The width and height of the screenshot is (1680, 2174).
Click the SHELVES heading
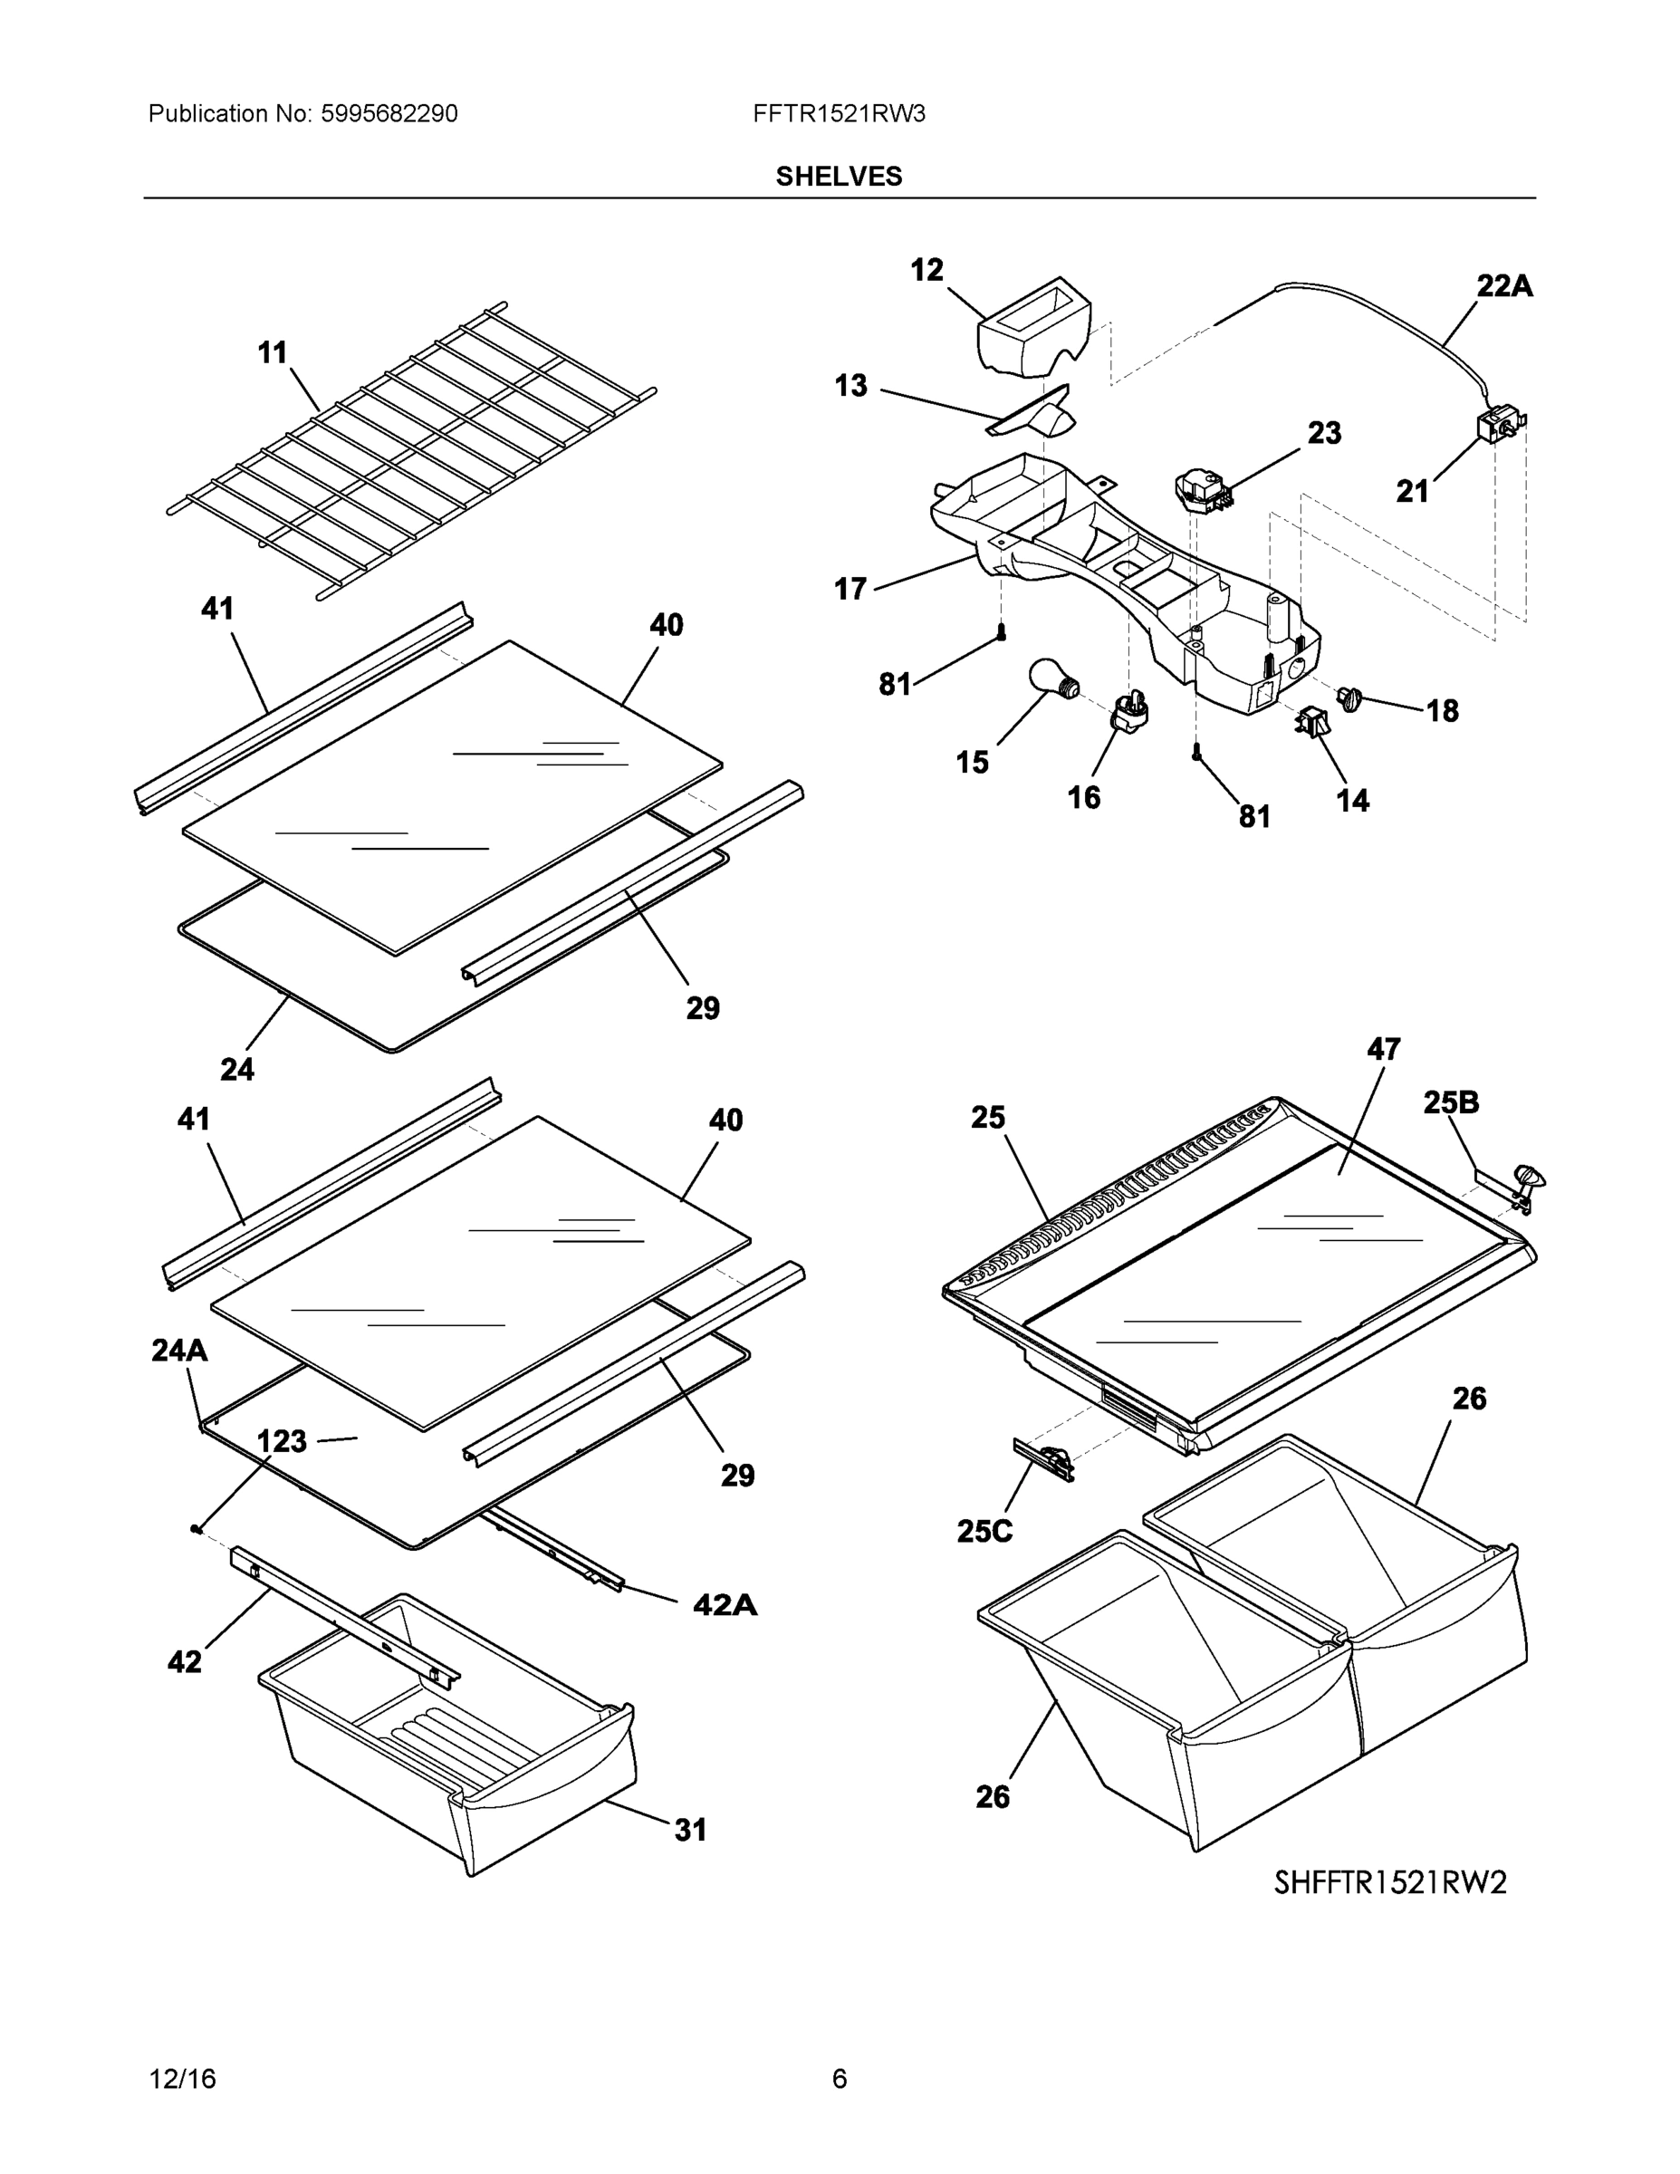[839, 177]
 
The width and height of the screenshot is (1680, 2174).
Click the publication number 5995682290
[389, 114]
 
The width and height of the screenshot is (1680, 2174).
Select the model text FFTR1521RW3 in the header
[839, 114]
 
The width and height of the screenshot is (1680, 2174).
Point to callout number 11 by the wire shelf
[273, 352]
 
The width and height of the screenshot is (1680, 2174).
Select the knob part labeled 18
[1351, 697]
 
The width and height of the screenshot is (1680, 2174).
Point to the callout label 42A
[725, 1603]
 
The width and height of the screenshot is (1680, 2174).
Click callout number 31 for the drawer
[691, 1829]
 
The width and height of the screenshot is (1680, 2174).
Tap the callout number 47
[1384, 1048]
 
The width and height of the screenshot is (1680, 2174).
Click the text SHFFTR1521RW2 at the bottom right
[1389, 1882]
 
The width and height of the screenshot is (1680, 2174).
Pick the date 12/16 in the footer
[182, 2079]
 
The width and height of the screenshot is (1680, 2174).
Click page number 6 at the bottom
[839, 2079]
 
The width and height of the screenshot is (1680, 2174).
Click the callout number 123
[282, 1440]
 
